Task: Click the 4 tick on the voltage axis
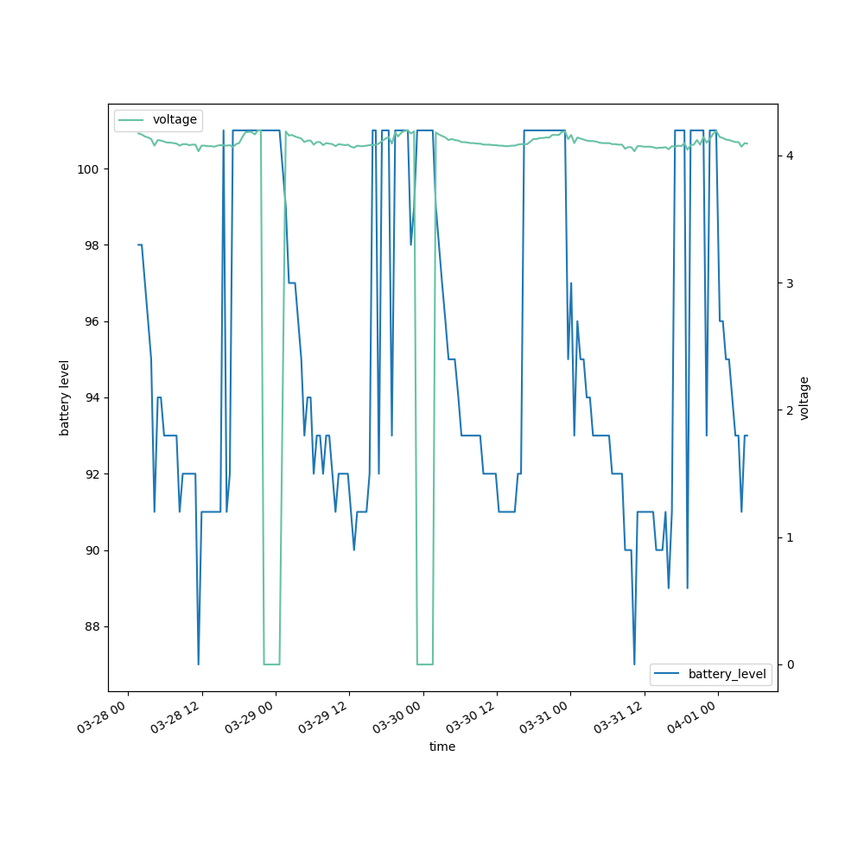(790, 156)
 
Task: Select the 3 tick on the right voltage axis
(790, 283)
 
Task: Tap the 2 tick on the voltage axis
(790, 410)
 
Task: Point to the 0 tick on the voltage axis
(790, 664)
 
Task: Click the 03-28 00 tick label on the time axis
(103, 716)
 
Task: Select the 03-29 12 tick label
(324, 716)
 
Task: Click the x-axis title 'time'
(442, 746)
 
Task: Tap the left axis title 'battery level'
(64, 397)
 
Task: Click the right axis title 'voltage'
(804, 397)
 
